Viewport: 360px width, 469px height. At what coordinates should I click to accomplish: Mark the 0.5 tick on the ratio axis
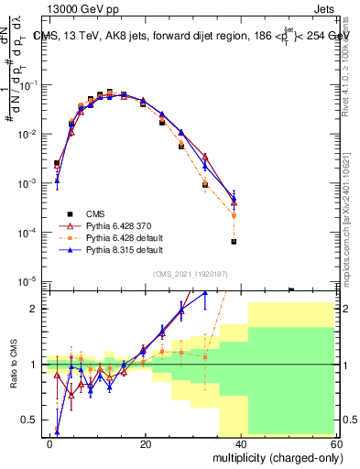[x=32, y=420]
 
